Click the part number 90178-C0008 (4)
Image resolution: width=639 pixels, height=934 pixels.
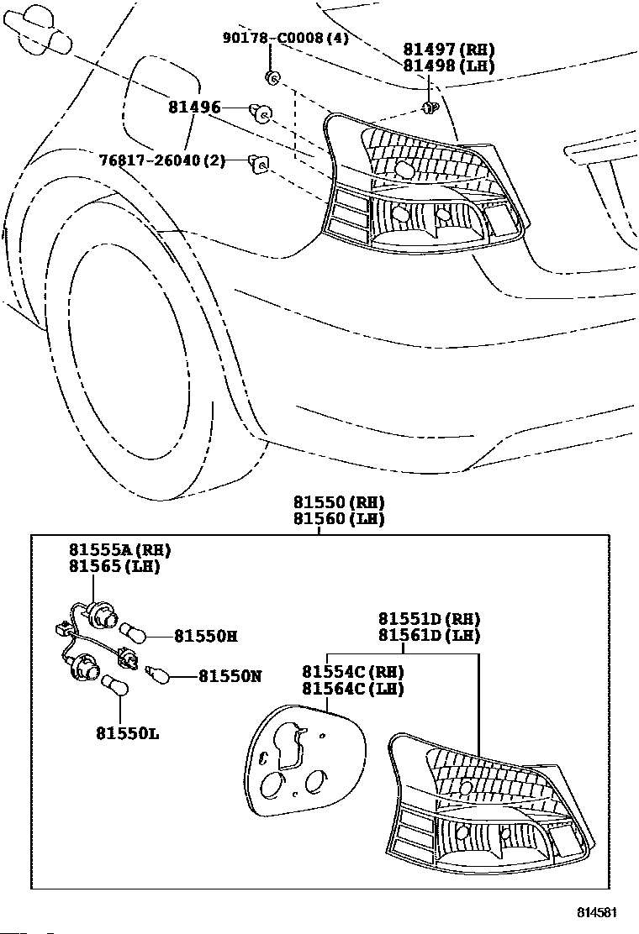[286, 38]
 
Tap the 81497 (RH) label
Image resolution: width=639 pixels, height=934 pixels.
[449, 50]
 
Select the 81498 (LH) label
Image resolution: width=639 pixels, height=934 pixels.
[449, 66]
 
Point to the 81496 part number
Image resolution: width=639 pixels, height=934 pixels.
[194, 108]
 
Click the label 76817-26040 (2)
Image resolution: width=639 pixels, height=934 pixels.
[163, 160]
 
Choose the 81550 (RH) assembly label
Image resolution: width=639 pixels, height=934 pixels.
[339, 502]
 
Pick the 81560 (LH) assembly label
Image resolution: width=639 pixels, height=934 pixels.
[339, 519]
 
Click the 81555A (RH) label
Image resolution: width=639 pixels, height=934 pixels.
[119, 550]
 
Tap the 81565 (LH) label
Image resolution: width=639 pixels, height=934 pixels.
[114, 566]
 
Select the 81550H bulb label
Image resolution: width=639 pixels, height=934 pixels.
[206, 636]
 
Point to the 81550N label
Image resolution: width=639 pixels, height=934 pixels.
[230, 676]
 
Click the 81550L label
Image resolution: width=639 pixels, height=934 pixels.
[128, 733]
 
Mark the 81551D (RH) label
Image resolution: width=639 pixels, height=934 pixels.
[429, 619]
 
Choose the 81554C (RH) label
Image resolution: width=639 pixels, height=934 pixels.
[353, 672]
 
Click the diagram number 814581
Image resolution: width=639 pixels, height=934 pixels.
[596, 912]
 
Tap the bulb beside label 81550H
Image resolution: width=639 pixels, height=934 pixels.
[132, 633]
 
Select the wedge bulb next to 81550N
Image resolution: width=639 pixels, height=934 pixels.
[159, 675]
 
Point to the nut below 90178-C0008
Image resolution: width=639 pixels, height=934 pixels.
[272, 76]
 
